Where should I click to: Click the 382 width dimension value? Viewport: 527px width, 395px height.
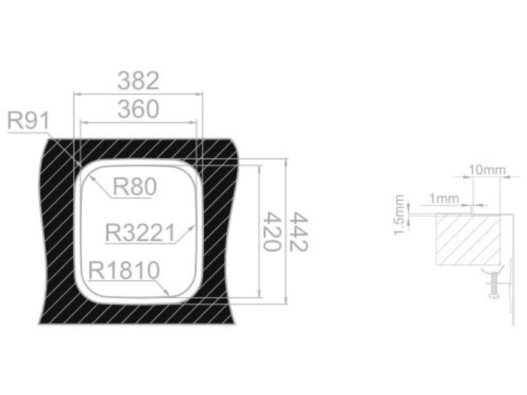coord(138,81)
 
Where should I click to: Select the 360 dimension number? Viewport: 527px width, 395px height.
coord(138,109)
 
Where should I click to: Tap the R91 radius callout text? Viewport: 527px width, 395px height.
coord(28,120)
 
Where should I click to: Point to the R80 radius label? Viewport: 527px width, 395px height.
coord(135,187)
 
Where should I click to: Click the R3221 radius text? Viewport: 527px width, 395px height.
coord(140,233)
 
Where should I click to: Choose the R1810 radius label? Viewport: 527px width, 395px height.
coord(124,270)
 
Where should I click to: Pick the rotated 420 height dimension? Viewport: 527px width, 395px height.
coord(272,231)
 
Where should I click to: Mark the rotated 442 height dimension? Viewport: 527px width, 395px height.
coord(299,231)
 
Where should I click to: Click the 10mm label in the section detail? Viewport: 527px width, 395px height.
coord(487,170)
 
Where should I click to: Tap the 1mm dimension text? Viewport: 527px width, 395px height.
coord(444,199)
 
